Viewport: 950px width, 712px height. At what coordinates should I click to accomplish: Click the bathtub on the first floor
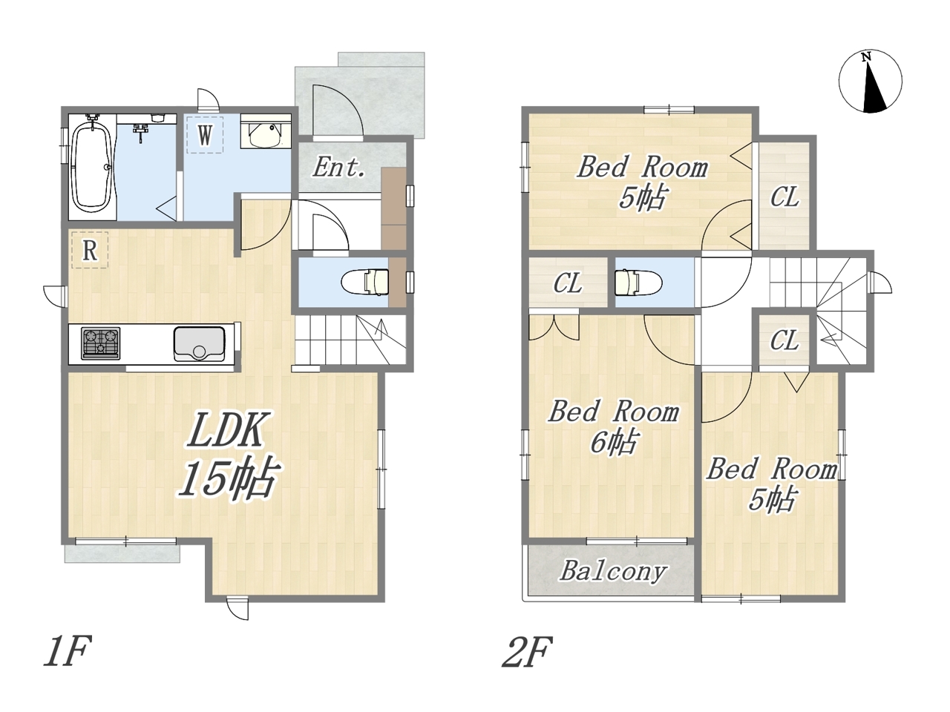pyautogui.click(x=92, y=166)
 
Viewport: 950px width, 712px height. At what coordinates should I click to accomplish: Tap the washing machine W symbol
pyautogui.click(x=205, y=135)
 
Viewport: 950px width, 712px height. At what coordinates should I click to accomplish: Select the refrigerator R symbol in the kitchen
pyautogui.click(x=90, y=250)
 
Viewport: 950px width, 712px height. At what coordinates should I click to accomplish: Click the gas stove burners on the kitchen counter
pyautogui.click(x=101, y=343)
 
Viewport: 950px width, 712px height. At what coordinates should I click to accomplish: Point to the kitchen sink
pyautogui.click(x=200, y=344)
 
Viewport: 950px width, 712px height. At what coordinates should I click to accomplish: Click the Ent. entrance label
pyautogui.click(x=339, y=168)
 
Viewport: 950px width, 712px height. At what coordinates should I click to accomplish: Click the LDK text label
pyautogui.click(x=226, y=429)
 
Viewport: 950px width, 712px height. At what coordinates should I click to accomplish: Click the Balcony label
pyautogui.click(x=613, y=572)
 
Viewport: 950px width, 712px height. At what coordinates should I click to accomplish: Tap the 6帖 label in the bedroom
pyautogui.click(x=614, y=443)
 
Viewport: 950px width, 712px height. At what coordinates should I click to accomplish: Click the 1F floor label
pyautogui.click(x=67, y=650)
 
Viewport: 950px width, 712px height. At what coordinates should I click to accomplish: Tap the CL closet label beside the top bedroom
pyautogui.click(x=784, y=197)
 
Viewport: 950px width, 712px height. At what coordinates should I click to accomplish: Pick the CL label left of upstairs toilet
pyautogui.click(x=568, y=284)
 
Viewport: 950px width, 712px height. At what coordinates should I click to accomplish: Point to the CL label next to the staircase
pyautogui.click(x=784, y=340)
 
